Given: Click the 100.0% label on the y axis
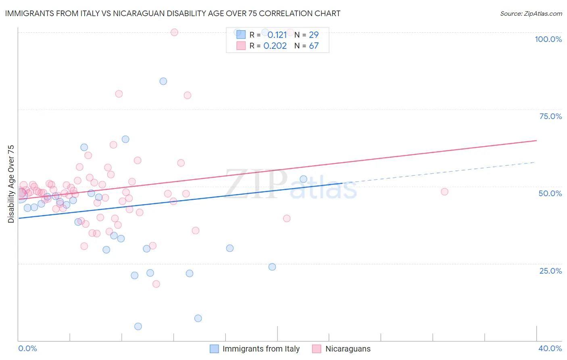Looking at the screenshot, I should pos(548,39).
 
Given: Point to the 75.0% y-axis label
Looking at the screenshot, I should pos(550,116).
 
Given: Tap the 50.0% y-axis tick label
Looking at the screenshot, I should pos(550,193).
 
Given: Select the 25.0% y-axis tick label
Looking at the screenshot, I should pos(550,270).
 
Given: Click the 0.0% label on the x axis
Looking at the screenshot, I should pos(28,348).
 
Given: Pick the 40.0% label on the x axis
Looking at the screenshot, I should pos(550,348).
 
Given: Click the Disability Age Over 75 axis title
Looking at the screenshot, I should pos(11,184).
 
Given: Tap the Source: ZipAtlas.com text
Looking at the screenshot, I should pos(531,13).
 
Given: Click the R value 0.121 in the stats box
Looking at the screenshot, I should pos(277,35).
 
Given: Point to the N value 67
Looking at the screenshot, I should pos(314,46).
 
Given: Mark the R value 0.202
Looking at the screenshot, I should pos(275,46).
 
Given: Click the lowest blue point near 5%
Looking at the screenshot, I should pos(138,326).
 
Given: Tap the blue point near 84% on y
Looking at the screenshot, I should pos(163,81).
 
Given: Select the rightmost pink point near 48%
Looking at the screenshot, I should pos(444,192).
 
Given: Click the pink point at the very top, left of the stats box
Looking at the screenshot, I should pos(174,32).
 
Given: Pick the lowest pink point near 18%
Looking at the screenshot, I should pos(156,284).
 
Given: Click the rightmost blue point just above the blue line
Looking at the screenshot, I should pos(303,179).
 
